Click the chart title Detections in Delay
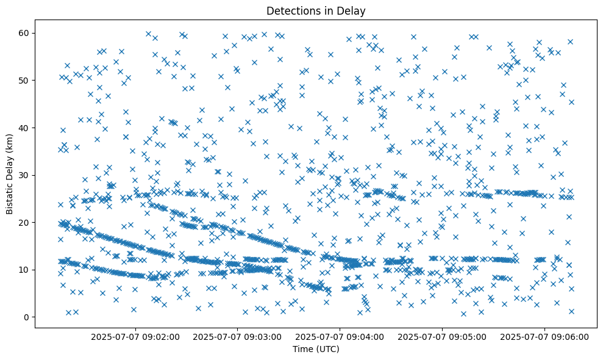pyautogui.click(x=316, y=10)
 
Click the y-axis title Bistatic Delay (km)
pyautogui.click(x=10, y=175)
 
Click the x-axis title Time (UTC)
pyautogui.click(x=316, y=349)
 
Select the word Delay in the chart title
pyautogui.click(x=353, y=10)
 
